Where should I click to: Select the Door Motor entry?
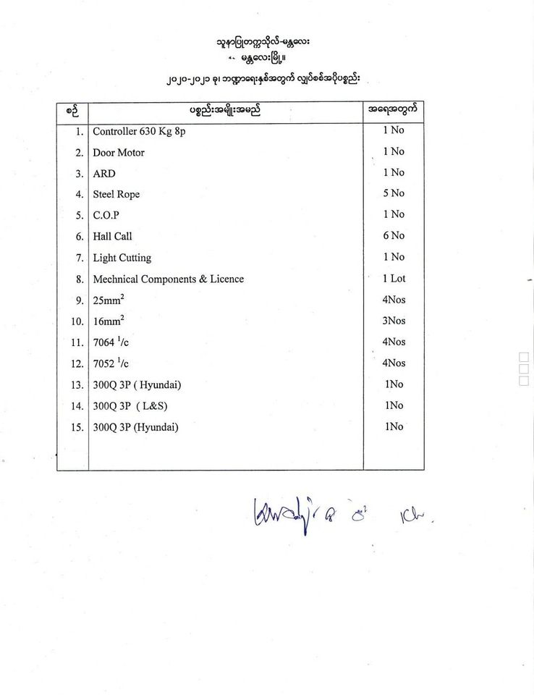119,153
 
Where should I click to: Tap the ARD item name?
104,174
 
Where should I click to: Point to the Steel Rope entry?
116,194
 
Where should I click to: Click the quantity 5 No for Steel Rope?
394,193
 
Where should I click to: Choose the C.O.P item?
106,215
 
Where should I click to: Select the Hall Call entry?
113,236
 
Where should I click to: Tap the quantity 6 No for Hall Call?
394,235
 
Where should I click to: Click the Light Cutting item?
122,258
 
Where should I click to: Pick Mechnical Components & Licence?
168,279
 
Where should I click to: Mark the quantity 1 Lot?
394,278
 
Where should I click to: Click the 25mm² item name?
109,300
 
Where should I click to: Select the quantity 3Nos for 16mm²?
394,320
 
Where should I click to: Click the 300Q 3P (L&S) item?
135,406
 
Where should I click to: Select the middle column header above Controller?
224,111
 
